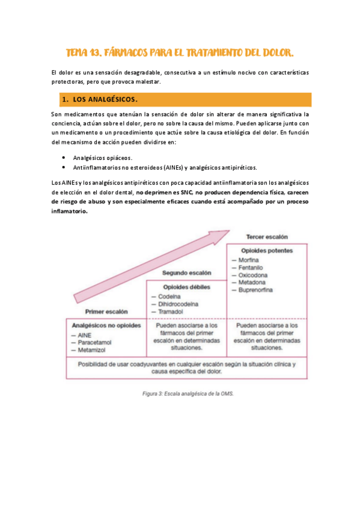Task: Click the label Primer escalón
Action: pyautogui.click(x=106, y=312)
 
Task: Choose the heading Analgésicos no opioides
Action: pyautogui.click(x=106, y=325)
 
